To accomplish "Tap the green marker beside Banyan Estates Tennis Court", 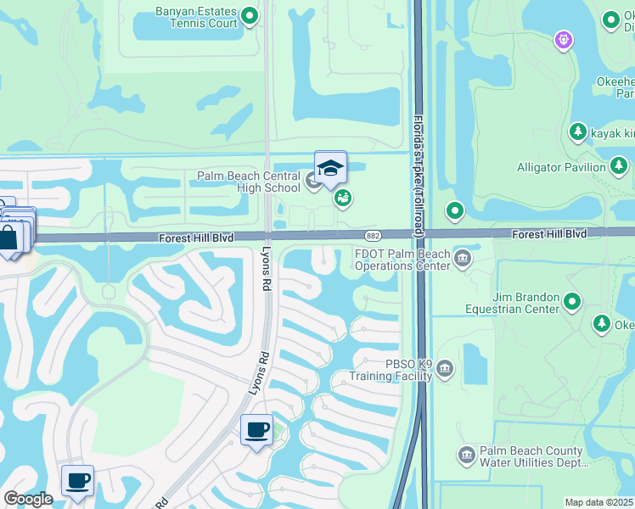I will coord(250,15).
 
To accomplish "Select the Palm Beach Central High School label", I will coord(249,182).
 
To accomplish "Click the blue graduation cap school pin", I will coord(330,166).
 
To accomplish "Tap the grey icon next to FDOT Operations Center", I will coord(463,258).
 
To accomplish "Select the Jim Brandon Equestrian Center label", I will coord(512,303).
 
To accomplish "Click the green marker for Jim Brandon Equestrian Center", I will coord(572,301).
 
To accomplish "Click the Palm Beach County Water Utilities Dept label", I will coord(531,457).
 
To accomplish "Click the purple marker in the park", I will coord(562,39).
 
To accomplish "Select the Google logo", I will coord(28,499).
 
